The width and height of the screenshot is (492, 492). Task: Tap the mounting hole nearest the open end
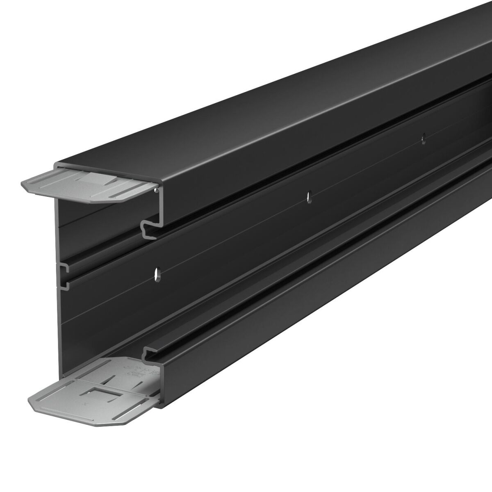(156, 273)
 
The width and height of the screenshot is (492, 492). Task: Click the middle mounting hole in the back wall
(309, 196)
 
